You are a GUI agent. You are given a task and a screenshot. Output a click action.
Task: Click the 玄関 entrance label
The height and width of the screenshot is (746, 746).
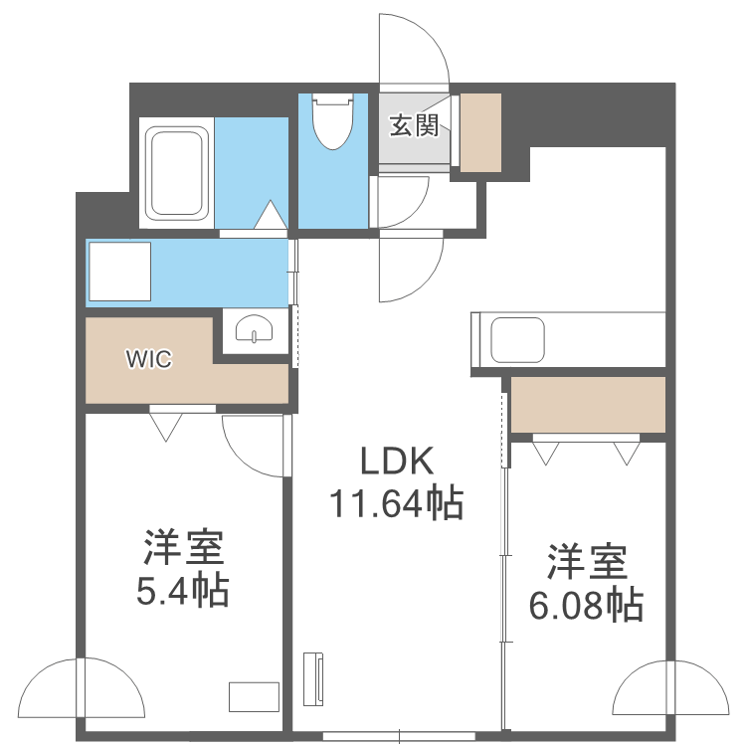coord(414,126)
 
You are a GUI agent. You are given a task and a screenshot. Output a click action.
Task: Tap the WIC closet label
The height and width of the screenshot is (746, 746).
coord(149,358)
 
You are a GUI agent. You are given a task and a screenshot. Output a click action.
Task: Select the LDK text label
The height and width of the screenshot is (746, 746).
coord(398,461)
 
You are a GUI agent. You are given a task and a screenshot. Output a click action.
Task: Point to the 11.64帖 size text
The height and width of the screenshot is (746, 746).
coord(397,503)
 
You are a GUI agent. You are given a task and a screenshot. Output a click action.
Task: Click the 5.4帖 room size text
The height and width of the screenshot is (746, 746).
coord(183,592)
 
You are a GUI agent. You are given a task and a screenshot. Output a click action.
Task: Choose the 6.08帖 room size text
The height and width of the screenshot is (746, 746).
coord(587,605)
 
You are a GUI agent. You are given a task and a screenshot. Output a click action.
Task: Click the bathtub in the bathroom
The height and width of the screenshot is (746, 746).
coord(176,173)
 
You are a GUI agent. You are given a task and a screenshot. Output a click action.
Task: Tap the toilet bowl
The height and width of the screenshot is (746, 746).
coord(333,120)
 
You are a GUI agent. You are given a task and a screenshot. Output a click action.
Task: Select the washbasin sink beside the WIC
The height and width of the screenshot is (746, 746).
coord(255,328)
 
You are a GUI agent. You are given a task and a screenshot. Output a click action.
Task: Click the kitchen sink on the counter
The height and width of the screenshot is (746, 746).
coord(517,340)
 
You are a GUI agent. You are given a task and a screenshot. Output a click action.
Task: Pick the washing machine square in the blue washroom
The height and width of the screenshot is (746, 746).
coord(120,272)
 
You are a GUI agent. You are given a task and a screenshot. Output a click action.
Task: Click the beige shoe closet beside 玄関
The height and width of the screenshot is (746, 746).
coord(480,132)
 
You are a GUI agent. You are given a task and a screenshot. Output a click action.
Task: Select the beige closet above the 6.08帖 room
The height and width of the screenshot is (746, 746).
coord(588,405)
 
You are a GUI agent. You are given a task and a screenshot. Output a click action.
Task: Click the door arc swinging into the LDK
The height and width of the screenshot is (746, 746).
coord(431,280)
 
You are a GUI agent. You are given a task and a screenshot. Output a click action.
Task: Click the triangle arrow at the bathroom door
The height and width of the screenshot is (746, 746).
coord(271,215)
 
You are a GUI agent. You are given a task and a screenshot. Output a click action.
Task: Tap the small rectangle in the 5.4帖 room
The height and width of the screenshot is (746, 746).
coord(254,697)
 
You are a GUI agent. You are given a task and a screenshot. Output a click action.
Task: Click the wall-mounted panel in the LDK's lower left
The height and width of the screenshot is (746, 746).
coord(313,678)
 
